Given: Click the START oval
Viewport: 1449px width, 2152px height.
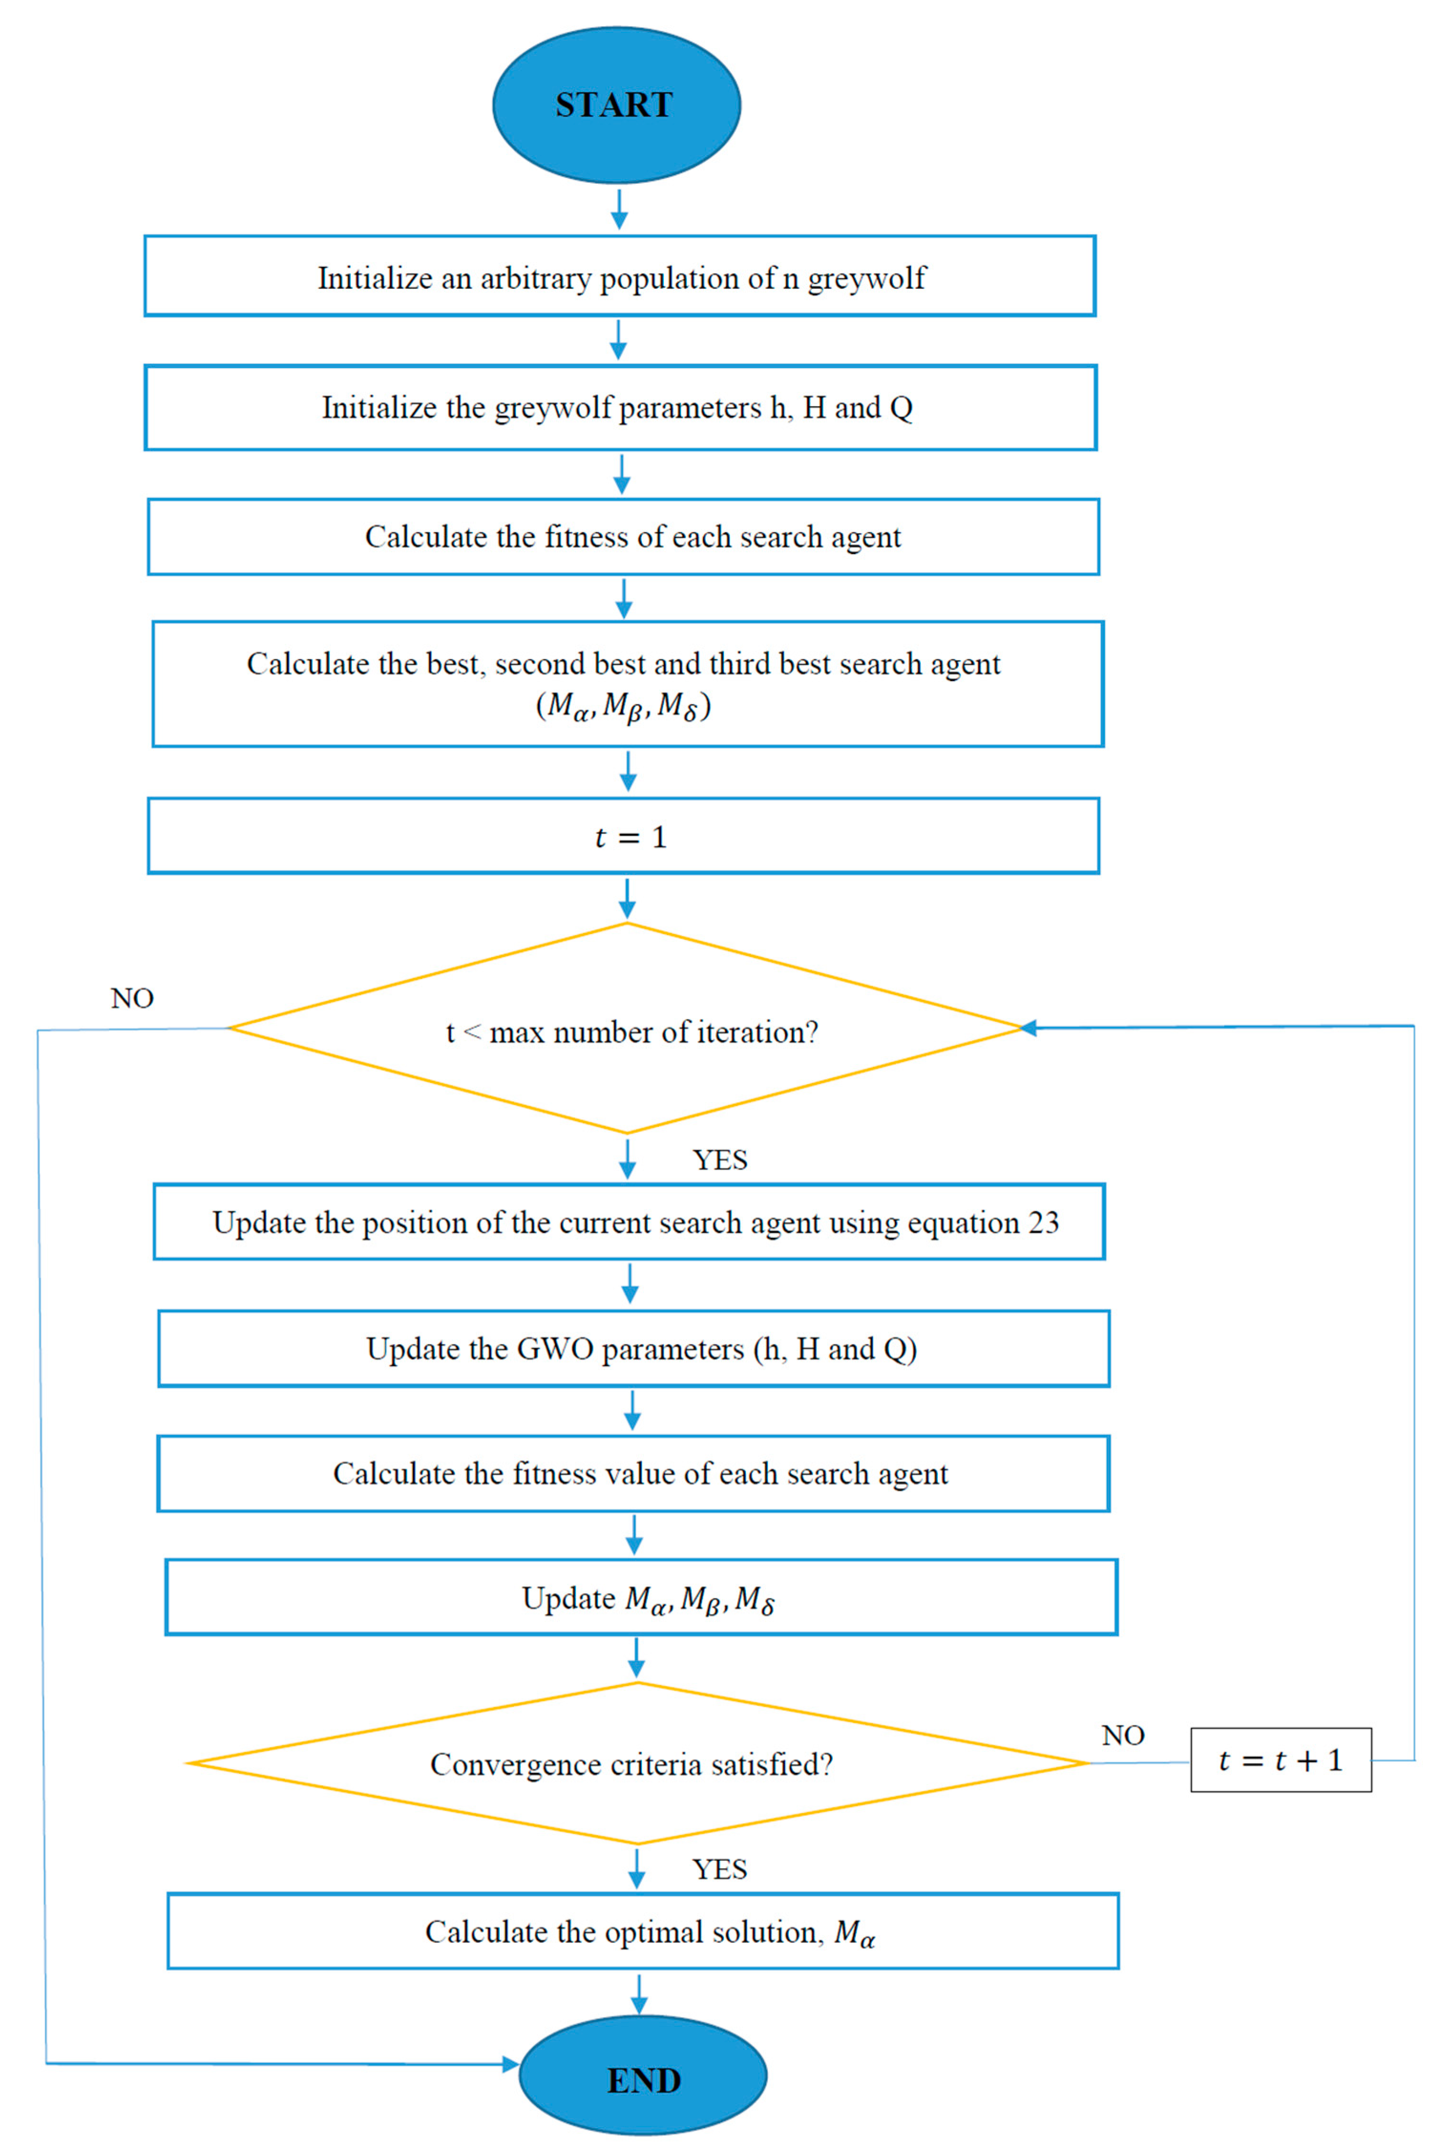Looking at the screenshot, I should pyautogui.click(x=616, y=105).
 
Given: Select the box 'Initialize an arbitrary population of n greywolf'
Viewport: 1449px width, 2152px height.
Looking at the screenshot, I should pyautogui.click(x=620, y=276).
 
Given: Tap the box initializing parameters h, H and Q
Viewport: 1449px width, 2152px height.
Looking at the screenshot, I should pyautogui.click(x=620, y=408).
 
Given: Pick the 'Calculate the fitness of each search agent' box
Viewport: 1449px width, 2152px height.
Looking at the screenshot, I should pyautogui.click(x=624, y=537).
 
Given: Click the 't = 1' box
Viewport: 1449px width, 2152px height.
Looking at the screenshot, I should pyautogui.click(x=624, y=836).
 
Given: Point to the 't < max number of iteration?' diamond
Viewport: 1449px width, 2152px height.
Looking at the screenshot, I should pyautogui.click(x=627, y=1029).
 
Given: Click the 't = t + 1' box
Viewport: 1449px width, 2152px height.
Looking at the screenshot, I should pyautogui.click(x=1281, y=1760).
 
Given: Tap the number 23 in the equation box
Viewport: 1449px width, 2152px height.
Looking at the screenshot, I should pyautogui.click(x=1043, y=1222).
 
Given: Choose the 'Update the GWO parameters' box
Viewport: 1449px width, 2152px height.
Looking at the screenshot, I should pyautogui.click(x=634, y=1349).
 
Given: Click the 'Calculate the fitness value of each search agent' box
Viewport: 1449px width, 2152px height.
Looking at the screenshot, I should pyautogui.click(x=634, y=1474).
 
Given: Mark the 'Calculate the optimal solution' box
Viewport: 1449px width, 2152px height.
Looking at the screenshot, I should pyautogui.click(x=643, y=1932).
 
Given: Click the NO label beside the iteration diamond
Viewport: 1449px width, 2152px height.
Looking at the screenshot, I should pyautogui.click(x=132, y=998).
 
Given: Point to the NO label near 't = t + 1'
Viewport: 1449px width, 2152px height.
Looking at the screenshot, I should pyautogui.click(x=1123, y=1735).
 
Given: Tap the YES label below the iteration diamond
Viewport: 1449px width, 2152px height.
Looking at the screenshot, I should pyautogui.click(x=720, y=1160).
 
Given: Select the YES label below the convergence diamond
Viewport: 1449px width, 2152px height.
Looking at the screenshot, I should pyautogui.click(x=720, y=1869).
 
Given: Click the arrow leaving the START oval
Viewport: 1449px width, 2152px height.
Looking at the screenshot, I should pyautogui.click(x=619, y=210).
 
